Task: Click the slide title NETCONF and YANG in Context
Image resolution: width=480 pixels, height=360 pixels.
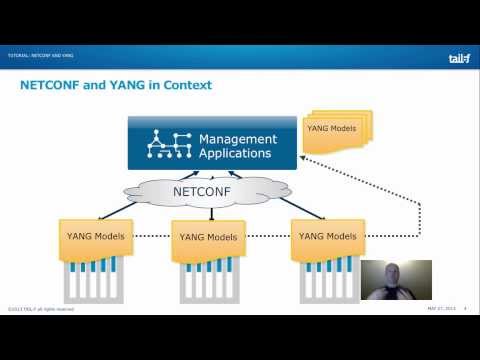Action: click(x=116, y=85)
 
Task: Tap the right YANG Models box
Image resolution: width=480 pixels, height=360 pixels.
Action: click(x=328, y=237)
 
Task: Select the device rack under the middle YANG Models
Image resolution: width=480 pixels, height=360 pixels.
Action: click(x=209, y=280)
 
